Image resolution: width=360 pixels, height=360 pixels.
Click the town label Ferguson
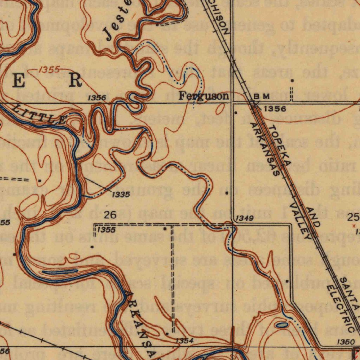204,96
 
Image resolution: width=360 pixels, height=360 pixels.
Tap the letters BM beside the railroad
262,96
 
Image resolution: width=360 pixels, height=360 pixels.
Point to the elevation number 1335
121,194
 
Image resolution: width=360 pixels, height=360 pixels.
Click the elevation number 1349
244,219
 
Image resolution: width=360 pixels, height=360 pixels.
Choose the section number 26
110,215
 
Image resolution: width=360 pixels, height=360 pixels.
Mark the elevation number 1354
184,341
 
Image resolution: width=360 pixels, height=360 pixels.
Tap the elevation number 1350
345,342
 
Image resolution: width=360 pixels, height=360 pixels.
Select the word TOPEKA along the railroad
280,144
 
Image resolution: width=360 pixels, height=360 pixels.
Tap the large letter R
75,81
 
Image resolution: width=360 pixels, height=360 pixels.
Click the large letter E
19,81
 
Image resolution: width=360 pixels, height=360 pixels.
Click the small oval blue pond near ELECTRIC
282,325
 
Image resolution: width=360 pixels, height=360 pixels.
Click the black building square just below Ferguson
236,113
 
